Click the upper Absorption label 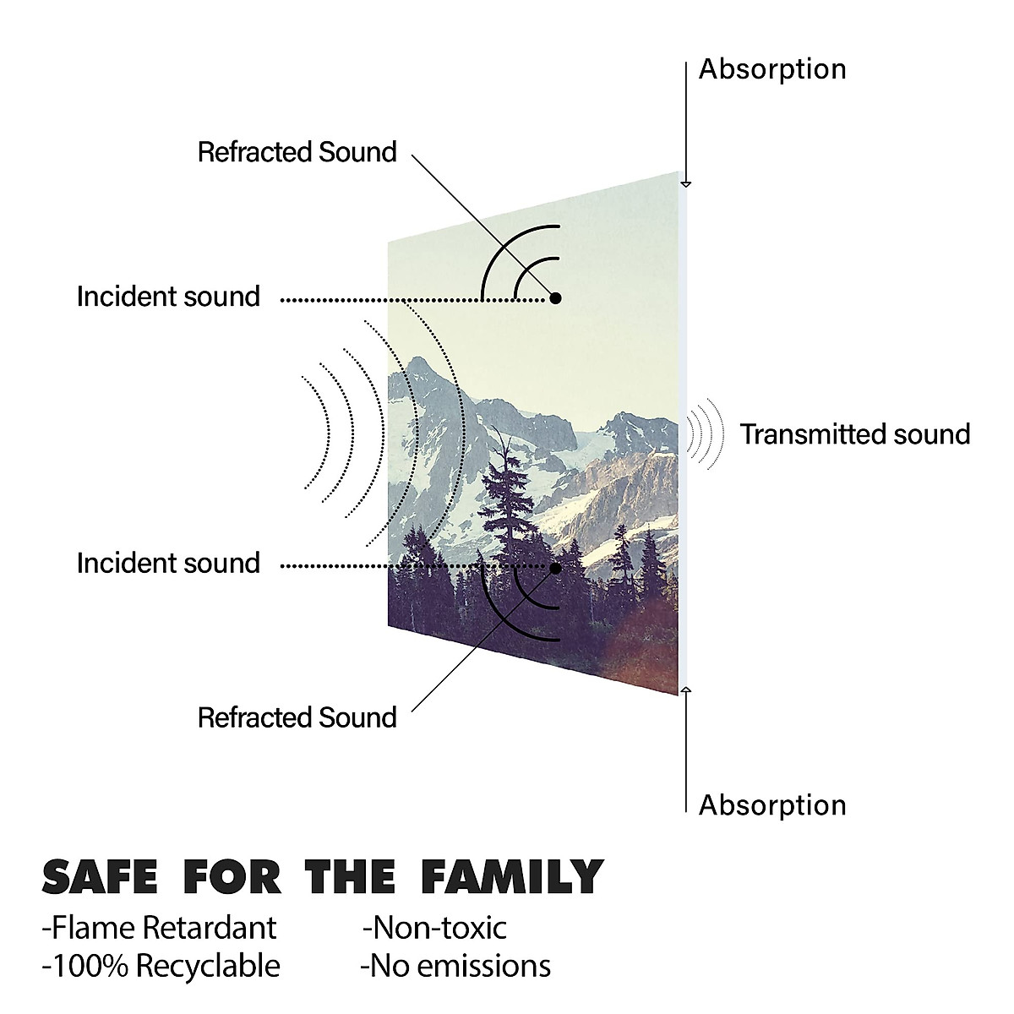coord(772,70)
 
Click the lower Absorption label coord(772,805)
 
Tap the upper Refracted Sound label coord(297,152)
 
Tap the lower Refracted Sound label coord(297,717)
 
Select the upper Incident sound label coord(168,297)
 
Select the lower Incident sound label coord(168,563)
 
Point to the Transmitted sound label coord(855,434)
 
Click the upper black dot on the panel coord(555,298)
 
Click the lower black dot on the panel coord(555,569)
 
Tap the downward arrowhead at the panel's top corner coord(685,184)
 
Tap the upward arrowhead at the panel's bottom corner coord(685,690)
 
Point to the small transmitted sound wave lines coord(705,433)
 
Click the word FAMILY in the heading coord(512,877)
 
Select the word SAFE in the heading coord(100,877)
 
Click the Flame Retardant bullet coord(159,928)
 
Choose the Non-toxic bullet coord(434,928)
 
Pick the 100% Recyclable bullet coord(161,966)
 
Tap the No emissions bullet coord(455,966)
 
